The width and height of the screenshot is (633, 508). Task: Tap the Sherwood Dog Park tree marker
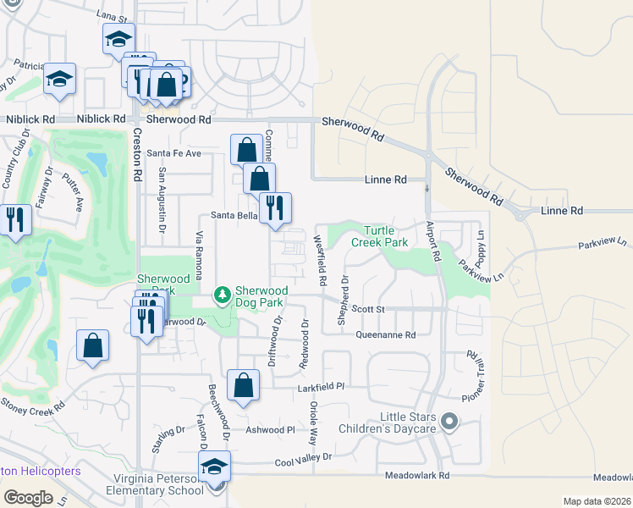(223, 295)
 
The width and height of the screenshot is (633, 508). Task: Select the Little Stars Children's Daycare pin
(449, 420)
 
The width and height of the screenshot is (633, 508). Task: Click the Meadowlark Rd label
(417, 476)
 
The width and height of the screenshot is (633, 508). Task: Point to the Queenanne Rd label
(385, 334)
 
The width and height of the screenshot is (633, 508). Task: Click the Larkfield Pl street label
(322, 386)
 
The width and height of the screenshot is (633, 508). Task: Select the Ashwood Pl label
(270, 429)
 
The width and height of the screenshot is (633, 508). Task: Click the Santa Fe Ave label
(173, 153)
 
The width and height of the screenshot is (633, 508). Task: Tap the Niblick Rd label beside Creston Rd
(102, 119)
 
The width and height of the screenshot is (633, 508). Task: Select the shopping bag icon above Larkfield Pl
(243, 385)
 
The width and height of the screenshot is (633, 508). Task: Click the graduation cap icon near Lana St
(119, 38)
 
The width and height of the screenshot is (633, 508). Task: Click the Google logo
(28, 498)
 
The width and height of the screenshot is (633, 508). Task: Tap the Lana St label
(111, 16)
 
